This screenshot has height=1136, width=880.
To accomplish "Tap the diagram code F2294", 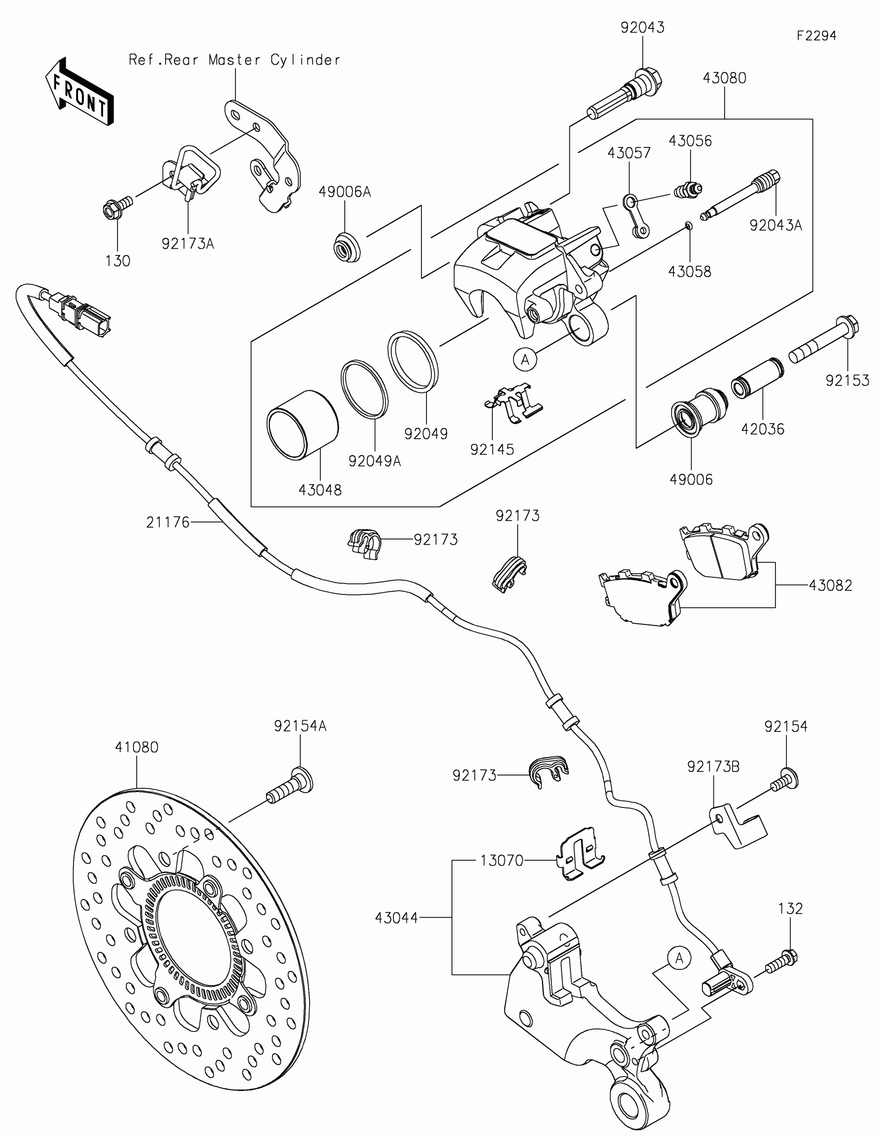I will click(816, 36).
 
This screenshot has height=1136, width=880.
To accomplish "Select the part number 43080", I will click(724, 78).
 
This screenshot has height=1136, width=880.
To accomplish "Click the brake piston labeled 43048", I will click(302, 425).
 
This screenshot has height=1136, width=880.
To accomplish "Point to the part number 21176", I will click(168, 522).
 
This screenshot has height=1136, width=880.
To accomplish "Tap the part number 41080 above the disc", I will click(136, 747).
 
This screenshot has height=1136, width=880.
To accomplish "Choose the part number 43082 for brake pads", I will click(830, 586).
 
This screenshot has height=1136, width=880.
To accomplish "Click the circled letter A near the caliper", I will click(525, 359).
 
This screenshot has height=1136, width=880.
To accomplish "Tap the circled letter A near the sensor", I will click(679, 958).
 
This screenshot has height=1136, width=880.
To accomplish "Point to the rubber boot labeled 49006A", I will click(347, 248).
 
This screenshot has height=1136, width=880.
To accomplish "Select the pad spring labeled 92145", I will click(514, 401).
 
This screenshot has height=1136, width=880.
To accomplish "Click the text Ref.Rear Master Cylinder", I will click(234, 61).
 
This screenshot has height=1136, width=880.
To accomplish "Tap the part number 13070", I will click(501, 861).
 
